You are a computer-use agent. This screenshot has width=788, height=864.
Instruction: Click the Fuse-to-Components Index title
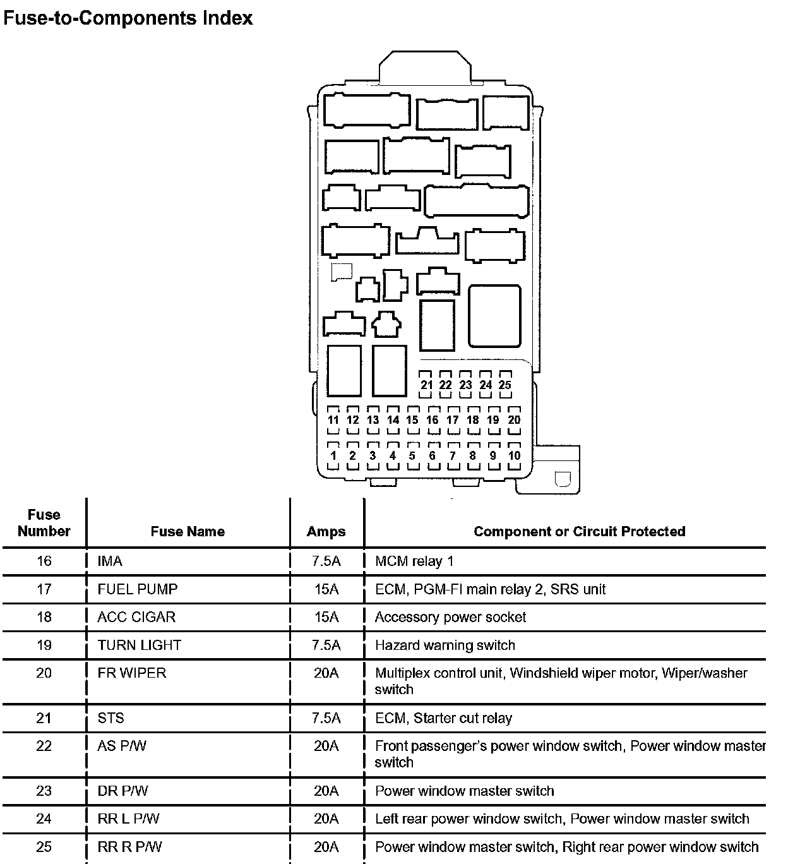coord(128,18)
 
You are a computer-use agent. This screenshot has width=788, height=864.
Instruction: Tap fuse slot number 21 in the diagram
coord(426,385)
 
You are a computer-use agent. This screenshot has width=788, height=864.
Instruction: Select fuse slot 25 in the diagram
coord(504,385)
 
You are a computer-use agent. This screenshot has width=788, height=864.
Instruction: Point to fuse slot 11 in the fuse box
coord(333,420)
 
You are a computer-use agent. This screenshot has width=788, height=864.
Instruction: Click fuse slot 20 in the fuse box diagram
coord(514,420)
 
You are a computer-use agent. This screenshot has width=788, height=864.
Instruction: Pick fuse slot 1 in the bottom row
coord(333,455)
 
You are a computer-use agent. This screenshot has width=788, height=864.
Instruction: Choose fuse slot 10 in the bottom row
coord(514,455)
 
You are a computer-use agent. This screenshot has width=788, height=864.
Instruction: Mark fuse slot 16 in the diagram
coord(433,420)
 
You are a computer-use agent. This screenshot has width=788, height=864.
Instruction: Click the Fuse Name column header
coord(188,531)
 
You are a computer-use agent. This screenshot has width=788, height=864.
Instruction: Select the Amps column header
coord(326,531)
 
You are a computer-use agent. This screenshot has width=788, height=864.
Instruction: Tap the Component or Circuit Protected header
coord(579,531)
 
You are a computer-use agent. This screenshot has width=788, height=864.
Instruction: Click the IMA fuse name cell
coord(110,561)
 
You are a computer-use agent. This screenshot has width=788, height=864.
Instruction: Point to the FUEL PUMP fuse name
coord(138,589)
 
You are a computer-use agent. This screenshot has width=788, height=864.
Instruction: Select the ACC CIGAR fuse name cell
coord(136,617)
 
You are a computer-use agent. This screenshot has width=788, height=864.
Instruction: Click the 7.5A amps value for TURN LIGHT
coord(326,645)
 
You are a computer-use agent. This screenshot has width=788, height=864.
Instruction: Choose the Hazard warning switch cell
coord(445,645)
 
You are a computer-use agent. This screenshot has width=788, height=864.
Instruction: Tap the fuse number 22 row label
coord(44,746)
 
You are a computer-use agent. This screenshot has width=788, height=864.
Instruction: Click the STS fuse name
coord(111,718)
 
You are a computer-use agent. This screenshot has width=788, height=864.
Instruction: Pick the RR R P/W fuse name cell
coord(129,847)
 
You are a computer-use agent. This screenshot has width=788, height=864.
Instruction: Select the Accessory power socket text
coord(450,617)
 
